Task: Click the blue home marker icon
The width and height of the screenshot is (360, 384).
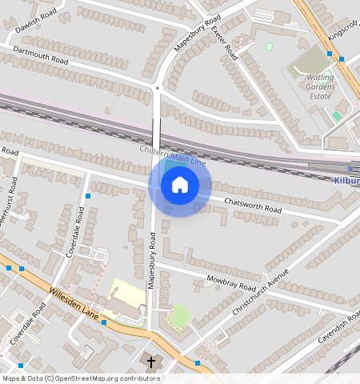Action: point(180,186)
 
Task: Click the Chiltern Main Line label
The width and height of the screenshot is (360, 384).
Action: point(173,154)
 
